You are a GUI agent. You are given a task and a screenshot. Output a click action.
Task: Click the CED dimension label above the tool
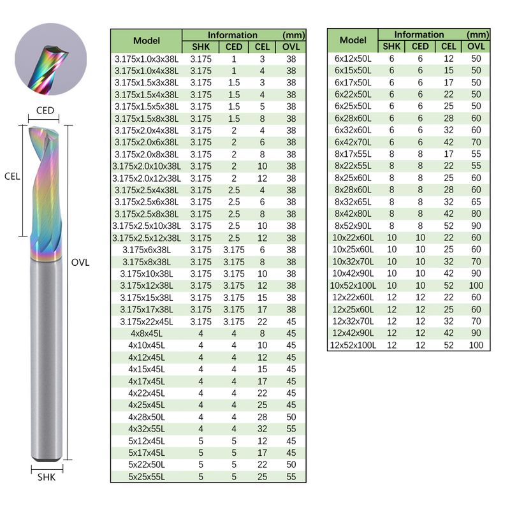click(45, 110)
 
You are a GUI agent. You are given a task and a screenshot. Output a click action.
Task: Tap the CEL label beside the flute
click(12, 177)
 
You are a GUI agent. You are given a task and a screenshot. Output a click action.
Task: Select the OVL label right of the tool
click(80, 263)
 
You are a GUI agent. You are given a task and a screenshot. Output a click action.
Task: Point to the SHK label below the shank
click(47, 477)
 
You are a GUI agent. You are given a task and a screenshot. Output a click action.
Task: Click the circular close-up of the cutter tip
click(51, 59)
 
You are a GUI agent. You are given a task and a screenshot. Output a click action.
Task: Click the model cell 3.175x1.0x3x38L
click(147, 59)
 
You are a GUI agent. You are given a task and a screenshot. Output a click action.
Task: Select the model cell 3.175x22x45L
click(147, 322)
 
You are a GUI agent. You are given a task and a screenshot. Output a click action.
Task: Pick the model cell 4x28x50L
click(147, 417)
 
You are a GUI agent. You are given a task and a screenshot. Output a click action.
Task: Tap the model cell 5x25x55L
click(147, 477)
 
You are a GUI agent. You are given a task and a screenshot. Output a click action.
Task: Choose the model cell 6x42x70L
click(353, 142)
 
